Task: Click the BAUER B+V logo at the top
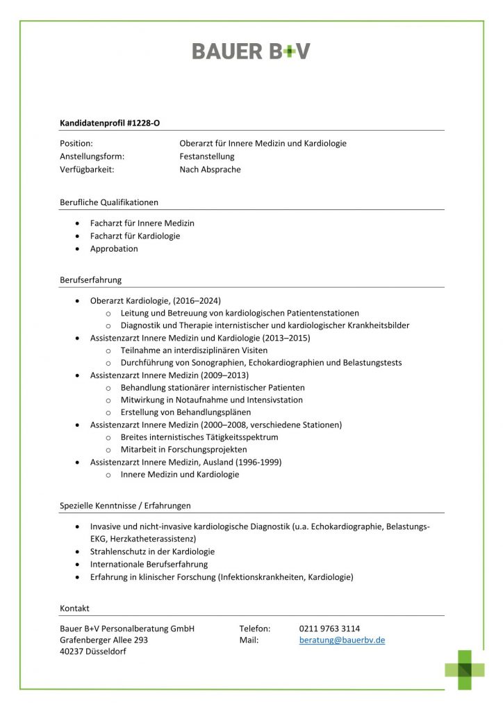tap(251, 51)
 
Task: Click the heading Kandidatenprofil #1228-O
tap(110, 123)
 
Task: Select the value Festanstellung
tap(207, 156)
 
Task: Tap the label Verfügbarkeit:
tap(87, 169)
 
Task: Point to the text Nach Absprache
tap(210, 169)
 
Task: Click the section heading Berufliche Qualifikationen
tap(109, 202)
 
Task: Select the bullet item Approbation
tap(114, 248)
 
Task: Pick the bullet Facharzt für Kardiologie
tap(135, 236)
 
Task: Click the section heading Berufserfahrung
tap(90, 280)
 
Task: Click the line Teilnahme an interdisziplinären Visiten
tap(194, 350)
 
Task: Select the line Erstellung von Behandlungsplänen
tap(185, 412)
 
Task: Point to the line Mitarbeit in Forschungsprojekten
tap(183, 449)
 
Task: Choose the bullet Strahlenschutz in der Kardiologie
tap(152, 551)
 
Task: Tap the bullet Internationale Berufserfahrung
tap(149, 564)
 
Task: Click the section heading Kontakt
tap(74, 608)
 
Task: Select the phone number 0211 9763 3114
tap(329, 629)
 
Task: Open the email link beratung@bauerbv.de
tap(342, 640)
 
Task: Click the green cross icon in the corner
tap(465, 669)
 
